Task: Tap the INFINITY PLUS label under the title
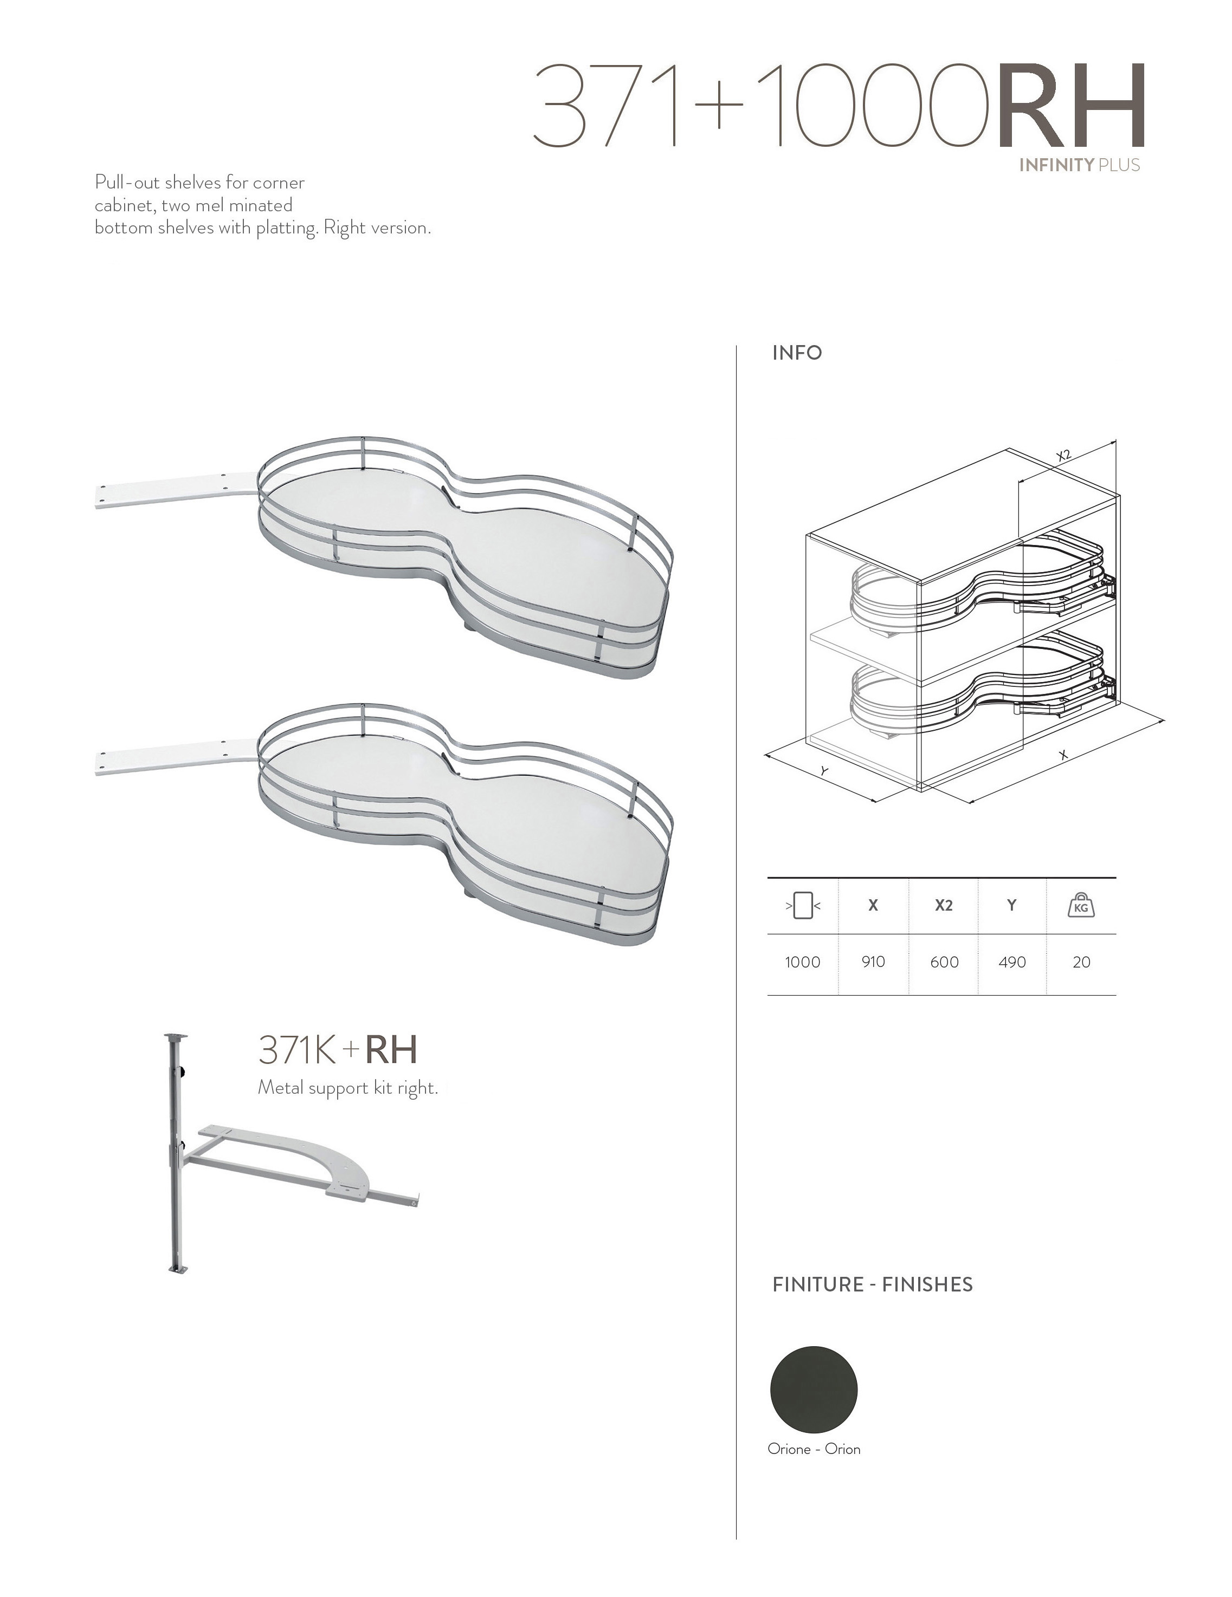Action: pyautogui.click(x=1079, y=165)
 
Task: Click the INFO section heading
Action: pyautogui.click(x=797, y=353)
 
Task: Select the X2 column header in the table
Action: pyautogui.click(x=944, y=905)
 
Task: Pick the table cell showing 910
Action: pyautogui.click(x=873, y=962)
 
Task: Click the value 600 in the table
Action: pyautogui.click(x=944, y=962)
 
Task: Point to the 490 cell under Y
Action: pyautogui.click(x=1012, y=962)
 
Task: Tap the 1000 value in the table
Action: pyautogui.click(x=803, y=962)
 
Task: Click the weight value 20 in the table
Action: pyautogui.click(x=1081, y=962)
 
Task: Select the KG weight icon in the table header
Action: pyautogui.click(x=1081, y=905)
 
